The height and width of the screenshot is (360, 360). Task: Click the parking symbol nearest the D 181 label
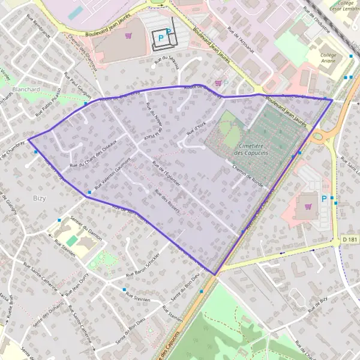[x=325, y=199]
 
